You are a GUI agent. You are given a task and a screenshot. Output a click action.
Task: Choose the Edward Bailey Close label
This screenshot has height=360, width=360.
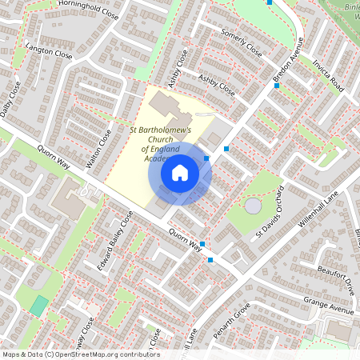point(114,241)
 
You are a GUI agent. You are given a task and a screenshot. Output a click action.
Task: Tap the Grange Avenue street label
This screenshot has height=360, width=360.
point(328,304)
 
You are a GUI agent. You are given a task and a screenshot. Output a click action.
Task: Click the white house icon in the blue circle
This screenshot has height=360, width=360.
point(180,171)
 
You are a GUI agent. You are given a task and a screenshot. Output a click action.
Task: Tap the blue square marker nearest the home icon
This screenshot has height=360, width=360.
point(206,158)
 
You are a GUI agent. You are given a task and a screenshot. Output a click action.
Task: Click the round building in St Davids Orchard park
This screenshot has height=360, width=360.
point(253,206)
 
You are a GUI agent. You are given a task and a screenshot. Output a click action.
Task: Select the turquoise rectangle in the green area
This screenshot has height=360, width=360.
point(38,305)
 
